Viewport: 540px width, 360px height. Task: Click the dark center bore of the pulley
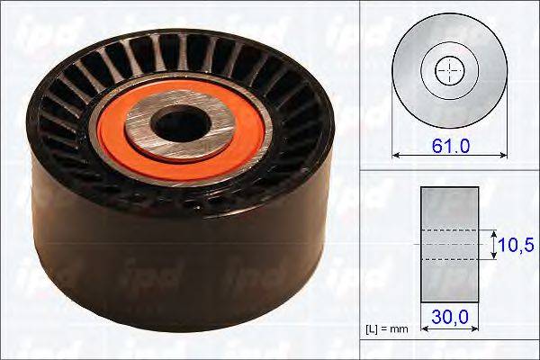point(181,124)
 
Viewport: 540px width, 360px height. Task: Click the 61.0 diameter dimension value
point(451,146)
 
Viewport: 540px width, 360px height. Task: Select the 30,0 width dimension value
point(450,316)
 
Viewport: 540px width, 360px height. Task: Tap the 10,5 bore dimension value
point(516,245)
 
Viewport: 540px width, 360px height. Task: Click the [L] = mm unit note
point(386,329)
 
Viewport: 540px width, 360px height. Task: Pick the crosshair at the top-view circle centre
point(450,71)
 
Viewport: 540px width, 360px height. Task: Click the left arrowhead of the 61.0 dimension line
point(396,156)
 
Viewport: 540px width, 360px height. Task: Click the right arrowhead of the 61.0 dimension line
point(503,156)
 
